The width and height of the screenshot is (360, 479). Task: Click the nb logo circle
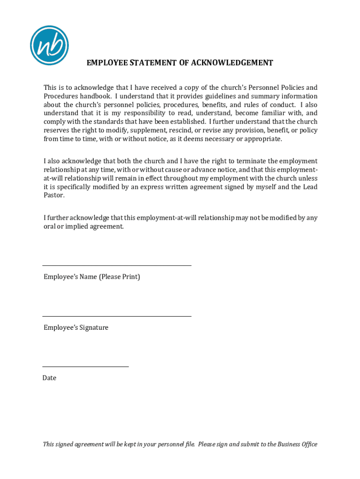click(x=49, y=45)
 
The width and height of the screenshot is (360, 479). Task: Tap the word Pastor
click(x=54, y=196)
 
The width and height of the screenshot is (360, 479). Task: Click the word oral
click(x=50, y=226)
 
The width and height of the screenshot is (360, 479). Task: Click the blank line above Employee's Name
click(x=117, y=265)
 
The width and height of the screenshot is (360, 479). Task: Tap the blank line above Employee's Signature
click(x=117, y=316)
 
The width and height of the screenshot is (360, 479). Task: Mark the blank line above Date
click(x=86, y=366)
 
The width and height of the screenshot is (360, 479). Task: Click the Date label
click(x=50, y=377)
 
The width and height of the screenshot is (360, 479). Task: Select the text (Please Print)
click(x=119, y=277)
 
